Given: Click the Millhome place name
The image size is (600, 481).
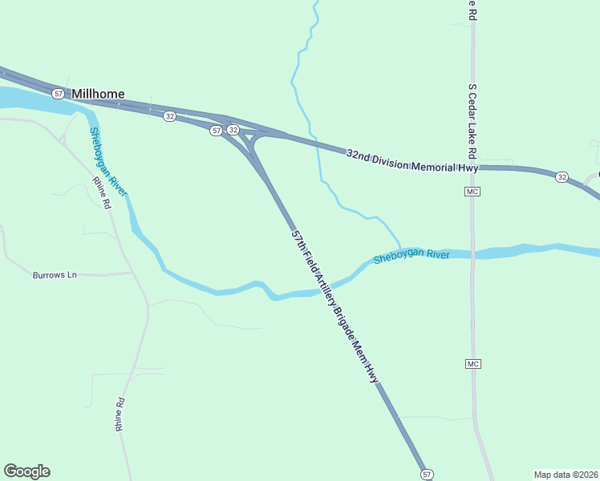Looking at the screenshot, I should point(98,94).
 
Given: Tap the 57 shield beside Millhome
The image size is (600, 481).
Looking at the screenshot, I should point(58,94).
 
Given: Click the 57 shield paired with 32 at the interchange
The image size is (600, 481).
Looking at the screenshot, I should point(217,130).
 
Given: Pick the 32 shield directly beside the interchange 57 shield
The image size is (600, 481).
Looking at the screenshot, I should point(233,130).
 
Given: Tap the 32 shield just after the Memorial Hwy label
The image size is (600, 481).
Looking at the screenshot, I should point(561,176).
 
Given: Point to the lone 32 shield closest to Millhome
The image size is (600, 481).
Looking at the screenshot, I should point(169,116).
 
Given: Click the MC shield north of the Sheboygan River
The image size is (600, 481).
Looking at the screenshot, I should point(472,192).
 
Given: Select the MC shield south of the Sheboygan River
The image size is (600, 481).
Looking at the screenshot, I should point(472,364).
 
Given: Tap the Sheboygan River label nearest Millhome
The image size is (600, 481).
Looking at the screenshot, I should point(108,161).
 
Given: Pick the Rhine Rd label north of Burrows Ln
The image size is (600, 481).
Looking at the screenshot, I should point(101,192).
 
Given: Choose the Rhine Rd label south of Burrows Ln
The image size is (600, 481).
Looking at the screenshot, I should point(120,415).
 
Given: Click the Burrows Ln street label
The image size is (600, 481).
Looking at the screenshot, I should point(55,275).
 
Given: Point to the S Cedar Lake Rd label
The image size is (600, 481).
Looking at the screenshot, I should point(473,120).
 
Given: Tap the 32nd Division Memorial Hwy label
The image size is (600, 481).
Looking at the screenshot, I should point(412,160).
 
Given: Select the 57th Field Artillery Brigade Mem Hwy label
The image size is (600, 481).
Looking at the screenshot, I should point(334,305).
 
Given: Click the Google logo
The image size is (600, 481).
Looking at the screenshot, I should point(26,471).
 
